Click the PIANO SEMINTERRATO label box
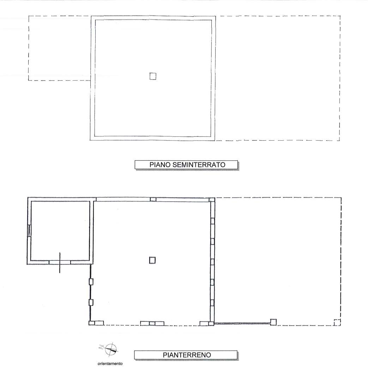pyautogui.click(x=186, y=165)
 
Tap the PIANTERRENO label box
pyautogui.click(x=186, y=355)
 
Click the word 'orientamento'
pyautogui.click(x=110, y=364)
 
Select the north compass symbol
pyautogui.click(x=109, y=349)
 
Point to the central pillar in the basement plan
pyautogui.click(x=153, y=76)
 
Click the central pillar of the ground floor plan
pyautogui.click(x=152, y=260)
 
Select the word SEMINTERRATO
pyautogui.click(x=199, y=165)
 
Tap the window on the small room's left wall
pyautogui.click(x=29, y=230)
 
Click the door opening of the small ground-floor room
pyautogui.click(x=60, y=262)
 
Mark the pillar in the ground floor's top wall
pyautogui.click(x=153, y=199)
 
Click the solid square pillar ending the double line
pyautogui.click(x=273, y=322)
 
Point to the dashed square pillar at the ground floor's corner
pyautogui.click(x=337, y=322)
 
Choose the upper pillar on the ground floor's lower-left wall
pyautogui.click(x=91, y=282)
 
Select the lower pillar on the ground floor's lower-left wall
pyautogui.click(x=91, y=302)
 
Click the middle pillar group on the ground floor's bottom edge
pyautogui.click(x=152, y=323)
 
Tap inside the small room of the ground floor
pyautogui.click(x=60, y=230)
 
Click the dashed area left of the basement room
pyautogui.click(x=60, y=48)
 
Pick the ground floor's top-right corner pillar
pyautogui.click(x=212, y=199)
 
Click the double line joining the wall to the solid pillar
pyautogui.click(x=242, y=323)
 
